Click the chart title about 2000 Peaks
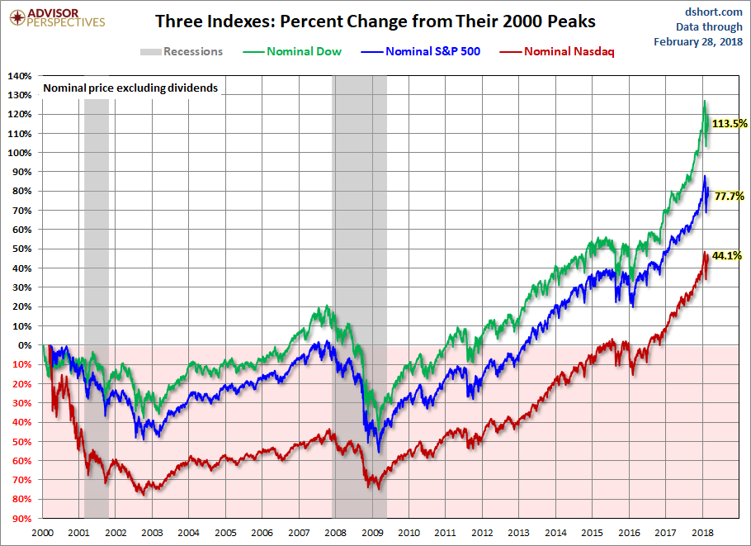click(x=375, y=21)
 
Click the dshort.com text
click(x=713, y=11)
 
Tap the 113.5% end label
click(x=729, y=124)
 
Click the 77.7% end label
click(x=729, y=197)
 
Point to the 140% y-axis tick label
click(x=20, y=76)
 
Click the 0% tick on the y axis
click(x=26, y=345)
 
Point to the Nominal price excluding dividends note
click(x=130, y=88)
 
